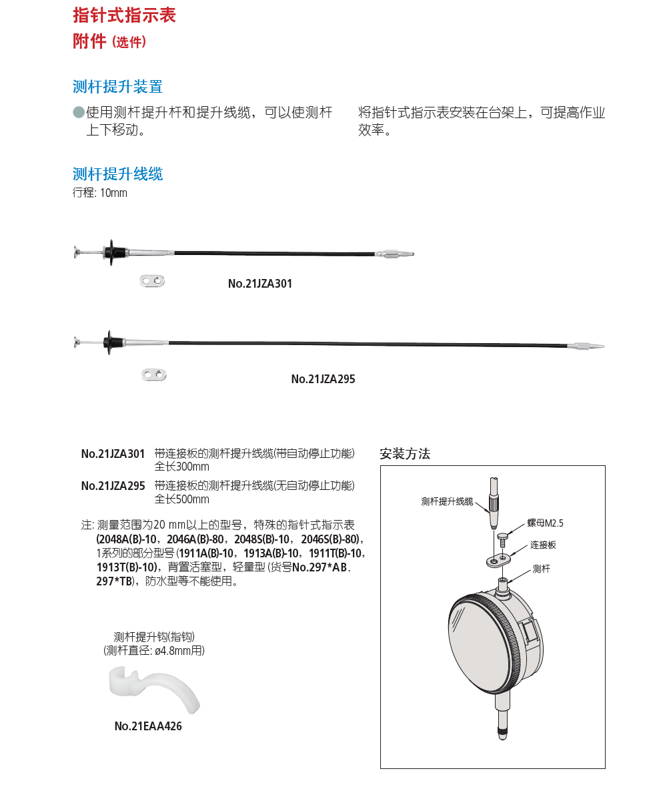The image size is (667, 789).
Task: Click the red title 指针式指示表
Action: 124,15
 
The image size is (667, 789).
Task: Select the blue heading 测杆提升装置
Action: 117,87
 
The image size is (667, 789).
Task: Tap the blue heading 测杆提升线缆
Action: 117,174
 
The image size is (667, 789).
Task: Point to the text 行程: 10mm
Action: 99,194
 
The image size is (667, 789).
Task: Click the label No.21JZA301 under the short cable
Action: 260,284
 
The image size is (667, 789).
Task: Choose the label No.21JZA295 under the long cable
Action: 323,379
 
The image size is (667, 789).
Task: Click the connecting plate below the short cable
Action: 153,280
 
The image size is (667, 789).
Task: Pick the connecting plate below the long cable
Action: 154,374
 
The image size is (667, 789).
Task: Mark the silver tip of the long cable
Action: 587,346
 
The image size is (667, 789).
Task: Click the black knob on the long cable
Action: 111,343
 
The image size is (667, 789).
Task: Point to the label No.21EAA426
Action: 147,726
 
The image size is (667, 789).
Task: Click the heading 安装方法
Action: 405,455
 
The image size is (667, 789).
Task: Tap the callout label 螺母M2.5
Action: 540,523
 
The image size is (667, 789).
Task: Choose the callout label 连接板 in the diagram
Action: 543,545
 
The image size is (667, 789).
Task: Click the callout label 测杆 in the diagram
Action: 541,569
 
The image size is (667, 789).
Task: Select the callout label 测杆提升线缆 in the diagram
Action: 447,501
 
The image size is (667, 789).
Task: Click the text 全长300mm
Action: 181,467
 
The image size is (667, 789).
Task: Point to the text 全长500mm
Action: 181,499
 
